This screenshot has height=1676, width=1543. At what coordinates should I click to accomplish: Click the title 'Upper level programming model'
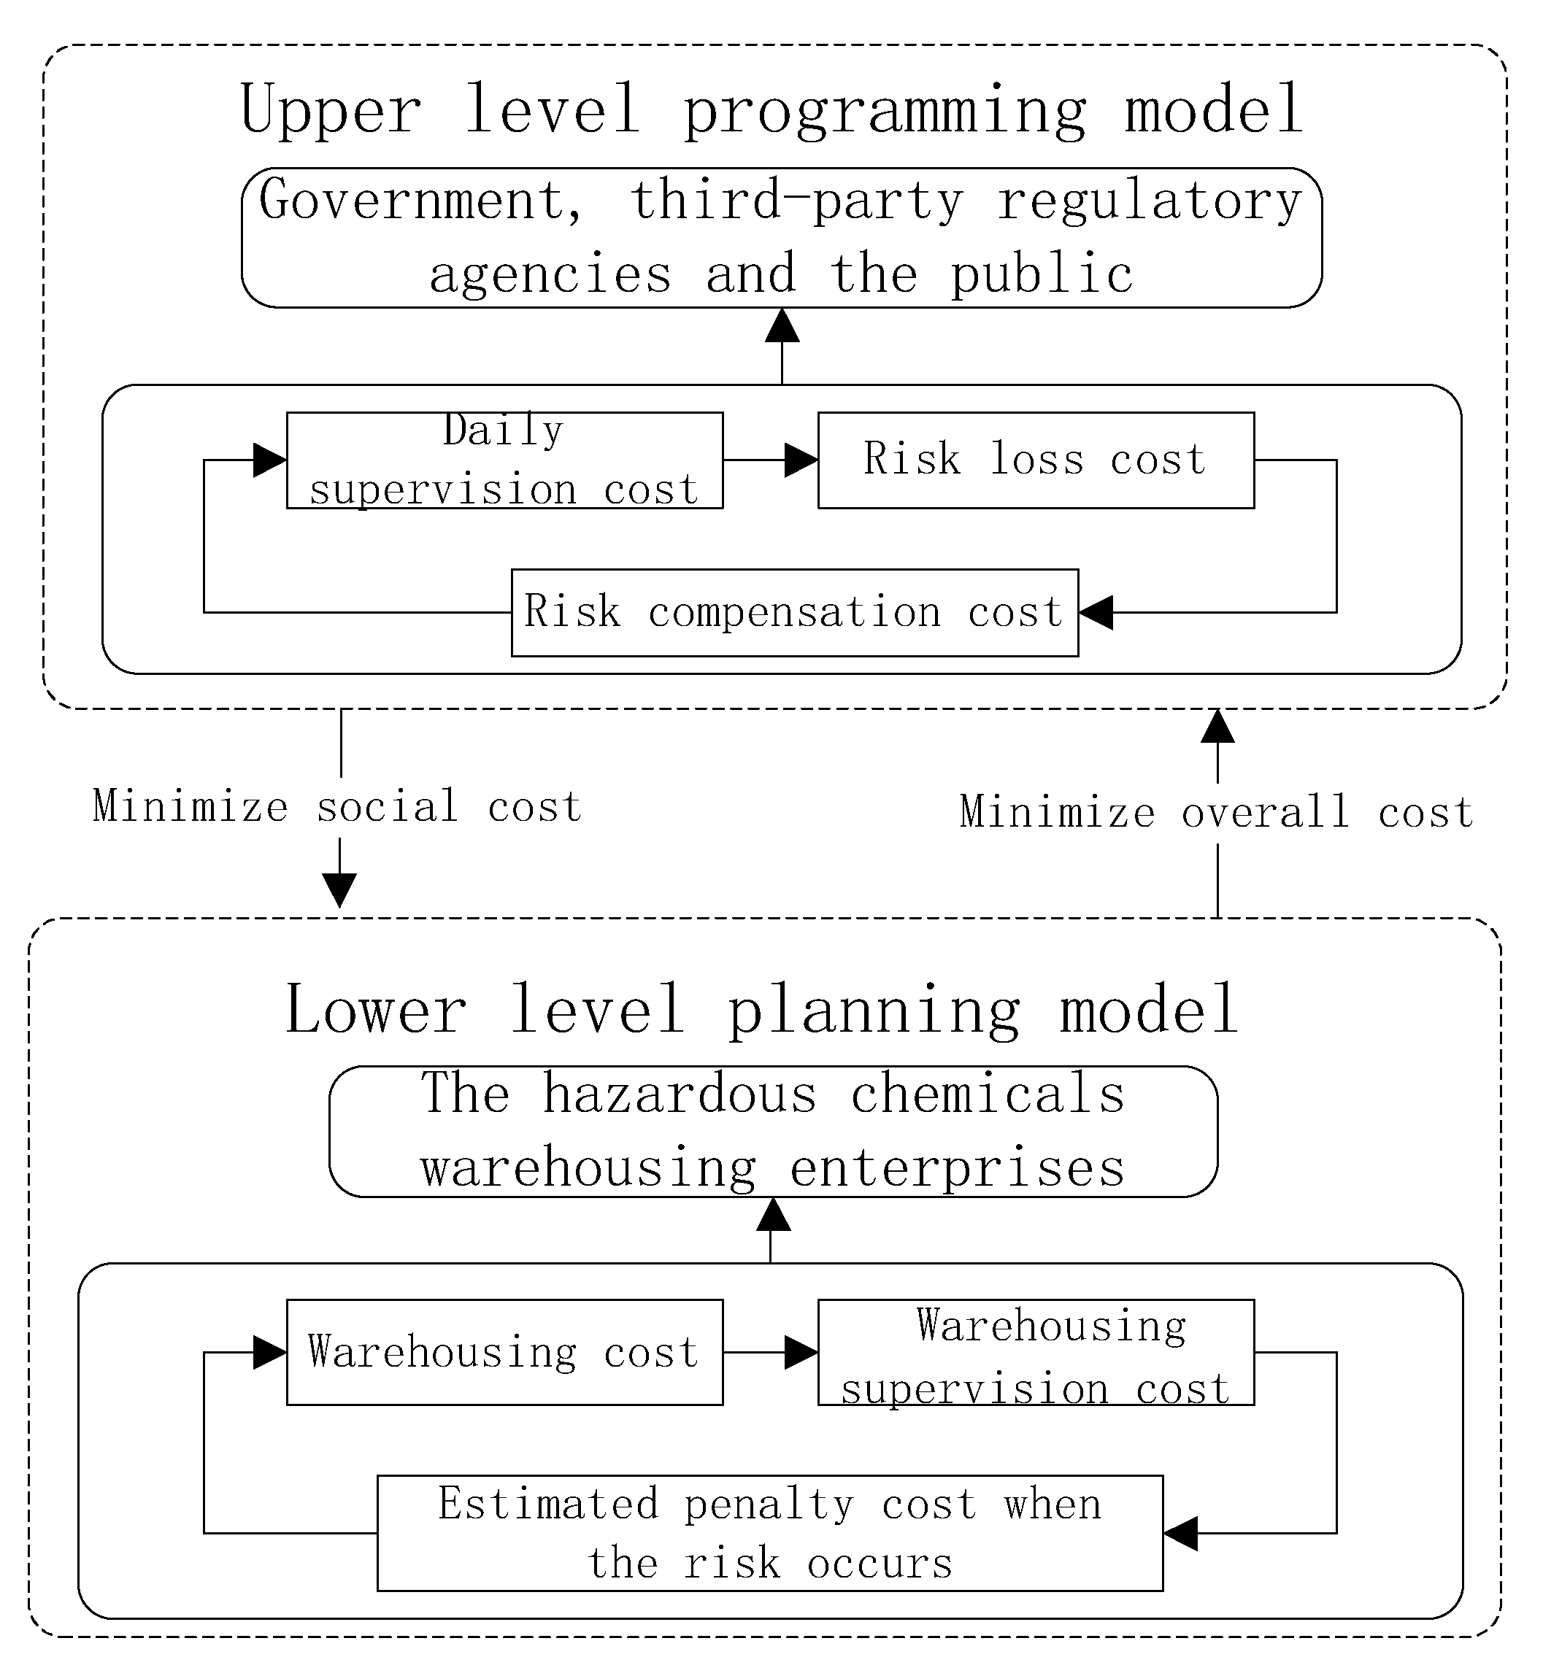point(771,110)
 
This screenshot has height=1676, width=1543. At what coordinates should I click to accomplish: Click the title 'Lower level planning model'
point(761,1010)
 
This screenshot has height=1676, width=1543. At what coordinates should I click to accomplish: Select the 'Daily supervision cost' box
point(504,460)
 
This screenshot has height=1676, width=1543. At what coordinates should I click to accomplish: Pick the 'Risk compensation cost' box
point(794,613)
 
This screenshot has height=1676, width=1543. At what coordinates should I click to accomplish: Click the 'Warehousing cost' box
point(504,1352)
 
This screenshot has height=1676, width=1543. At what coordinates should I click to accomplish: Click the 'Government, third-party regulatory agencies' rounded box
point(782,238)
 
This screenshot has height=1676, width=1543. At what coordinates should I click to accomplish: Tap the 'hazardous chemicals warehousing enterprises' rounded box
point(773,1132)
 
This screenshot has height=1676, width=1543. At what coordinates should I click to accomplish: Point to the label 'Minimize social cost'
point(337,807)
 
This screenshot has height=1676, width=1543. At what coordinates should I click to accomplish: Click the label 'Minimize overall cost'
point(1217,813)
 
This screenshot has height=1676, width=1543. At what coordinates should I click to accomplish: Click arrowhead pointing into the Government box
point(782,325)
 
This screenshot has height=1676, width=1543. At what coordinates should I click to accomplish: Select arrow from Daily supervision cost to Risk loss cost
point(770,460)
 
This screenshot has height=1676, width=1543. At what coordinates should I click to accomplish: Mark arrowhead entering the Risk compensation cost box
point(1096,613)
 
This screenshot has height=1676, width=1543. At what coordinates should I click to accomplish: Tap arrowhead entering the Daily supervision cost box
point(269,460)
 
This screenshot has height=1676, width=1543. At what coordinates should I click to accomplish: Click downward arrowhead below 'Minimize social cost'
point(340,889)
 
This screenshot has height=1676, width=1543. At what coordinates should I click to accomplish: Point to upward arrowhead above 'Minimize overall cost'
point(1217,726)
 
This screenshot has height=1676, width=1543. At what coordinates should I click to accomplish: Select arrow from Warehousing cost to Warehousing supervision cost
point(770,1352)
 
